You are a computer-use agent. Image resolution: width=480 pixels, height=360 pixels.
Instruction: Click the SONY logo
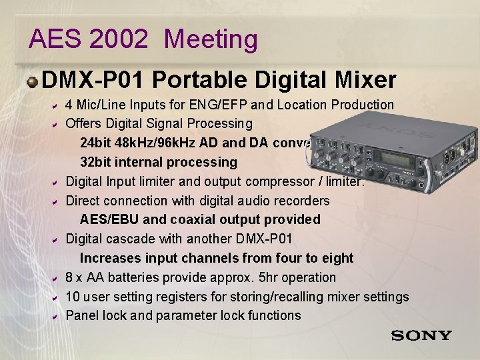tap(421, 335)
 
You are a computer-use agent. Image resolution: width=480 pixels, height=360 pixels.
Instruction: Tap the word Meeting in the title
tap(211, 39)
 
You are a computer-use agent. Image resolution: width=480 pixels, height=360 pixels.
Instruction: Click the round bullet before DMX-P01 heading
tap(33, 81)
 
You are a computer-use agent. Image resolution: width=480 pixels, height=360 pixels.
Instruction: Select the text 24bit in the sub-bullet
tap(95, 143)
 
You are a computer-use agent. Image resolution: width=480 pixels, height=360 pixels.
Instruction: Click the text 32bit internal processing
tap(158, 162)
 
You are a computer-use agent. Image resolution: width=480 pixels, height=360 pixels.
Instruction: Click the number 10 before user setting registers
tap(73, 297)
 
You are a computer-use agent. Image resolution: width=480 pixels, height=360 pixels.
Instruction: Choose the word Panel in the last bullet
tap(82, 315)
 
